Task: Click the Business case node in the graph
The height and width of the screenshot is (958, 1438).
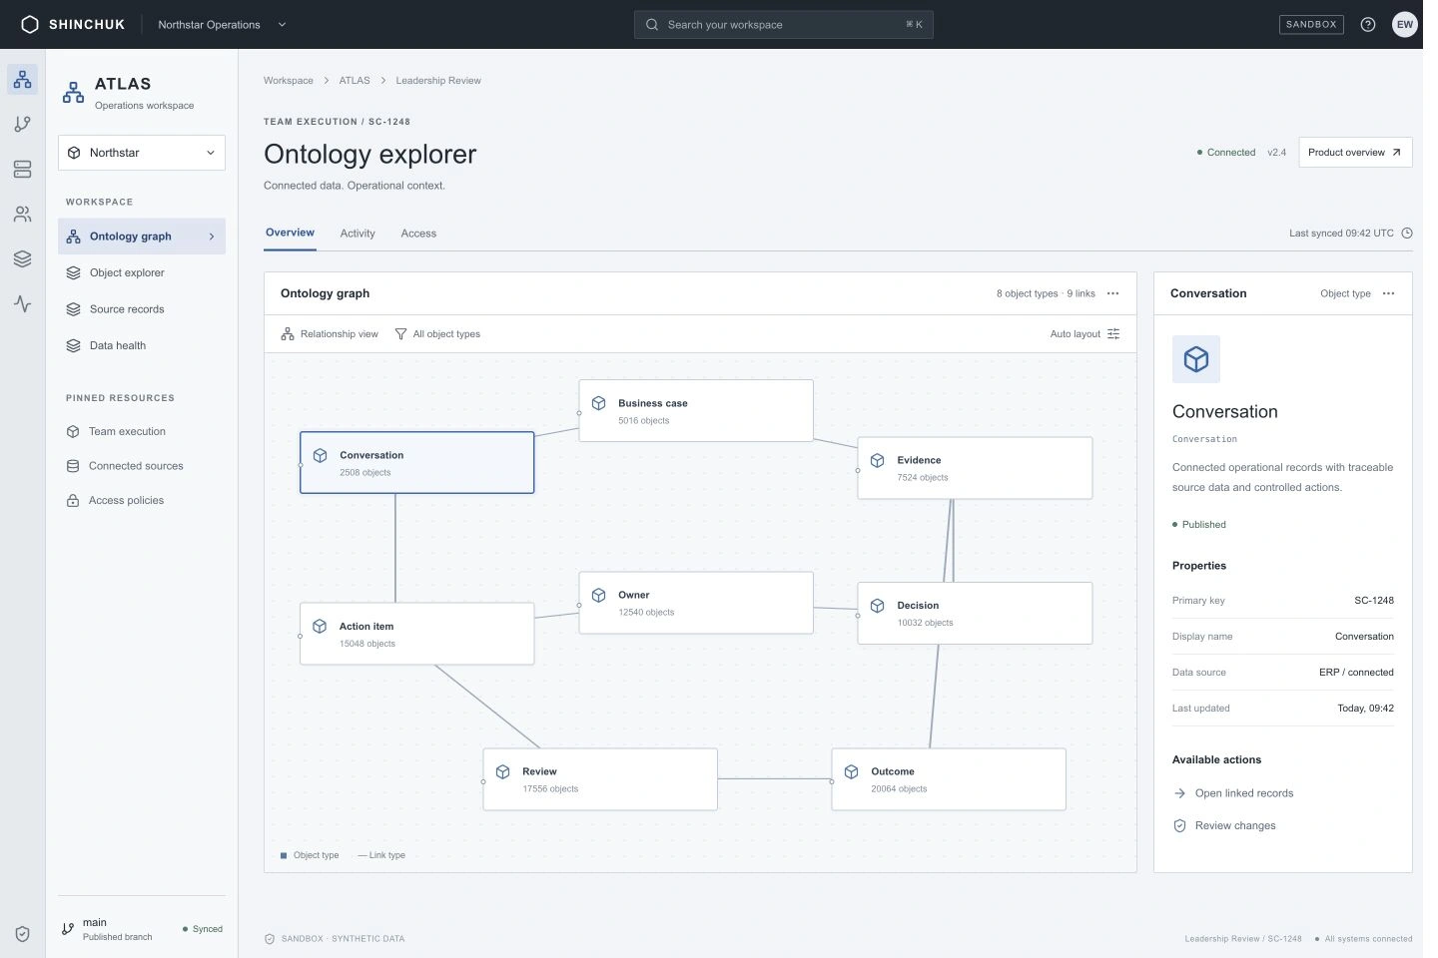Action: pyautogui.click(x=696, y=411)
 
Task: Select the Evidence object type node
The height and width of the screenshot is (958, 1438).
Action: pyautogui.click(x=975, y=468)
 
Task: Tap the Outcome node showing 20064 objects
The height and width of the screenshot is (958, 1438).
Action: pyautogui.click(x=949, y=779)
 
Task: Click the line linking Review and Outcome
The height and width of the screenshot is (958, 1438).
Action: pyautogui.click(x=774, y=779)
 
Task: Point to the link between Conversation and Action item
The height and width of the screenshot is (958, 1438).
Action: pyautogui.click(x=394, y=548)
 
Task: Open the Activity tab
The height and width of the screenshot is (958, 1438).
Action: pyautogui.click(x=358, y=233)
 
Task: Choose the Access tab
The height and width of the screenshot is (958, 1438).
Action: pyautogui.click(x=418, y=233)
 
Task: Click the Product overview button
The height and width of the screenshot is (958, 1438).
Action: pyautogui.click(x=1355, y=152)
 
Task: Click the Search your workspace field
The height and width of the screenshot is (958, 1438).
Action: pyautogui.click(x=783, y=24)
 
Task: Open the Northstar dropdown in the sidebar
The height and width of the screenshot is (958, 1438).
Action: pyautogui.click(x=141, y=153)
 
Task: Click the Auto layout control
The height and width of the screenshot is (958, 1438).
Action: pyautogui.click(x=1084, y=333)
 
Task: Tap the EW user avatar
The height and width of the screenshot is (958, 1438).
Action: pyautogui.click(x=1405, y=24)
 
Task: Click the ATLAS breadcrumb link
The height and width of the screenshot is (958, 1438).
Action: pyautogui.click(x=355, y=80)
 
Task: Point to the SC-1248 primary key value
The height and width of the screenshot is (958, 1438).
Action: pyautogui.click(x=1374, y=601)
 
